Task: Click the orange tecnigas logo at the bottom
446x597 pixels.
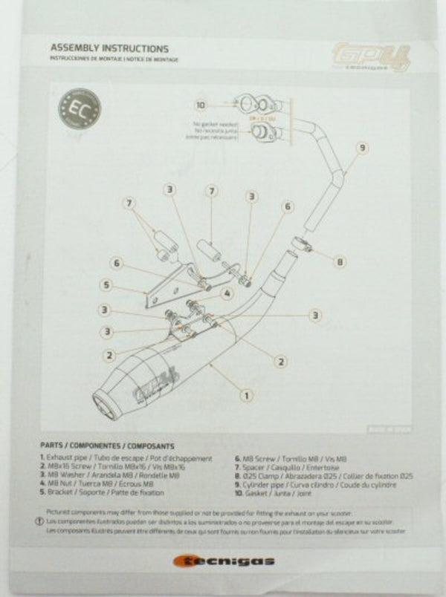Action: [x=224, y=561]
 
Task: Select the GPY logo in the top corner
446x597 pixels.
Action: [x=372, y=57]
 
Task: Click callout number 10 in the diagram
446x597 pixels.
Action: [x=201, y=105]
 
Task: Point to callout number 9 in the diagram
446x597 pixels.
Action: [x=361, y=148]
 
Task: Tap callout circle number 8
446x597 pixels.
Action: [x=340, y=261]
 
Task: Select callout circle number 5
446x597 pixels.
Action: [x=107, y=284]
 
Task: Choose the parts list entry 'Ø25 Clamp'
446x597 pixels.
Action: [x=323, y=475]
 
